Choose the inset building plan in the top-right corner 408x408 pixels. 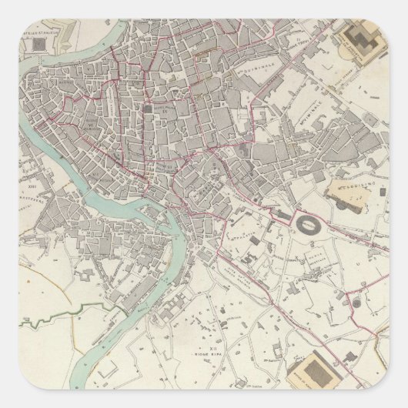click(x=360, y=42)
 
